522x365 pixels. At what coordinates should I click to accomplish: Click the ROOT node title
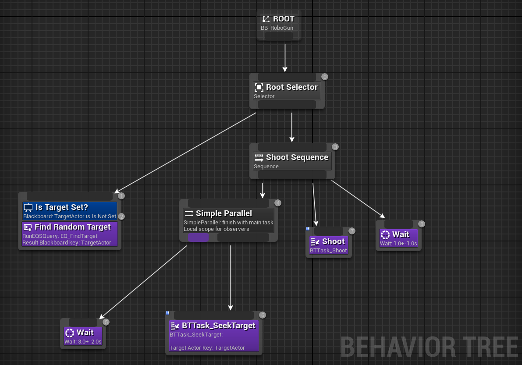point(283,19)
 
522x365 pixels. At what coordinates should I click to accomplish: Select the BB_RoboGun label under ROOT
point(277,28)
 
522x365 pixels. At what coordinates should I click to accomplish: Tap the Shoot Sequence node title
point(297,157)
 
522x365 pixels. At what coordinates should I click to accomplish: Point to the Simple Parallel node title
point(224,213)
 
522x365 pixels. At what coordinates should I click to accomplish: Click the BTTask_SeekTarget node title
point(218,326)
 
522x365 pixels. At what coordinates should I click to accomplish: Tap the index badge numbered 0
point(325,77)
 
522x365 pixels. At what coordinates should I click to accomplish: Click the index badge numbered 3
point(335,147)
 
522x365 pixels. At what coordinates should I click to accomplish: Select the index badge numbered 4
point(277,203)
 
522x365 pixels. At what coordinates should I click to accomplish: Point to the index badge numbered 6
point(263,315)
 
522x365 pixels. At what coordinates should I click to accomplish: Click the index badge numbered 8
point(422,224)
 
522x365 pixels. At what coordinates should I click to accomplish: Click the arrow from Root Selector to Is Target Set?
point(184,153)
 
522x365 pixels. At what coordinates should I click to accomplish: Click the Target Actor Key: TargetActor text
point(207,348)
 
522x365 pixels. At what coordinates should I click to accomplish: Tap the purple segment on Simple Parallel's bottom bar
point(198,237)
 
